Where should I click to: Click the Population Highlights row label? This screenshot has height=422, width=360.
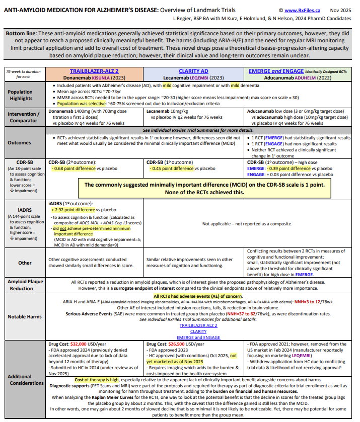(20, 95)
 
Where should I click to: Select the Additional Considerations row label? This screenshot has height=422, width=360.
(21, 380)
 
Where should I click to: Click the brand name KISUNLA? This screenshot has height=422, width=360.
(103, 78)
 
